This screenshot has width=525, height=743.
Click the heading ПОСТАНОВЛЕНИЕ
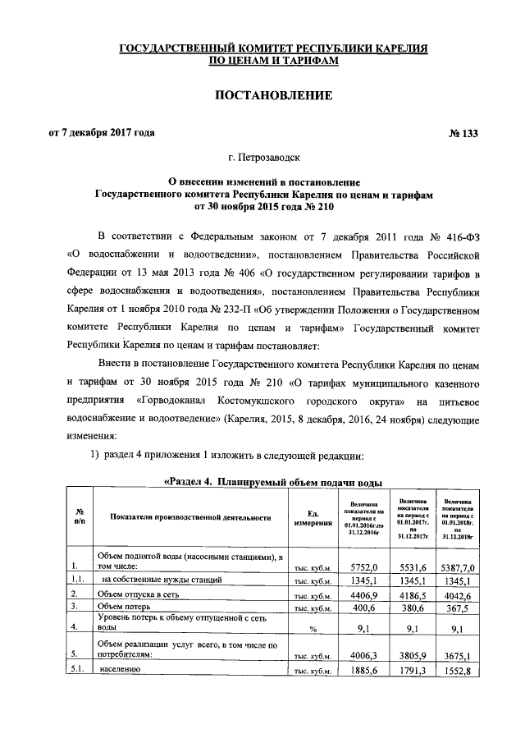point(273,97)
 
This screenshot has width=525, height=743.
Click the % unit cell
point(313,629)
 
